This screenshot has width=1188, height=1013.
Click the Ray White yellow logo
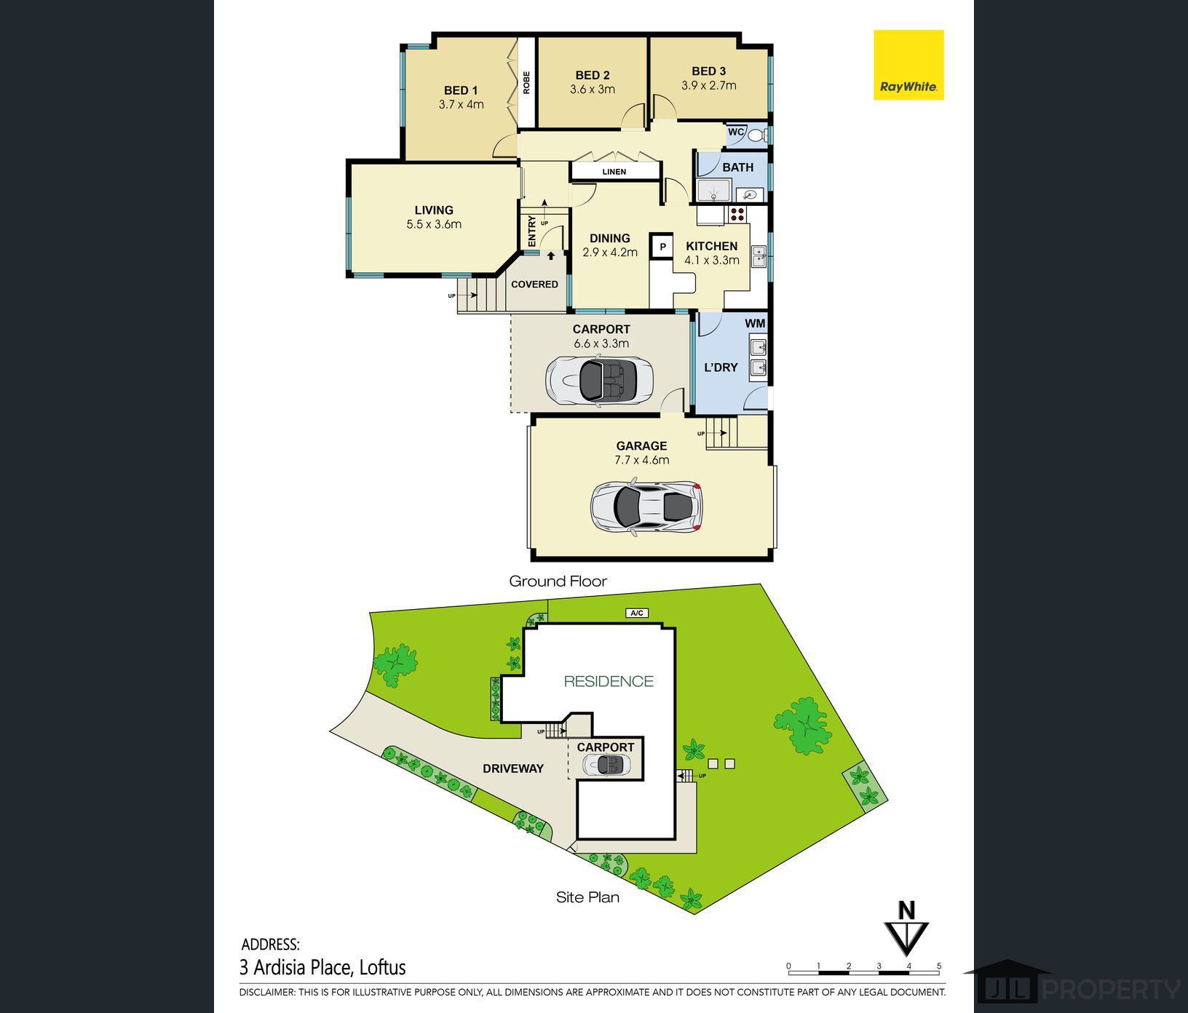908,65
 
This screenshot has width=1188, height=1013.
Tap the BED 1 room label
461,90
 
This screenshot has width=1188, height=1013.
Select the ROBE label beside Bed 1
526,82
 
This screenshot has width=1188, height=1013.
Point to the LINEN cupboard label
614,172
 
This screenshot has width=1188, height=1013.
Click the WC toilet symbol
756,135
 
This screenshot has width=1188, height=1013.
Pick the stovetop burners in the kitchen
737,214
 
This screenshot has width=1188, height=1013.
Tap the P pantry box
662,247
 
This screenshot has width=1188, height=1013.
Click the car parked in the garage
646,506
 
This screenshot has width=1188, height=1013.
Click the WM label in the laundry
755,323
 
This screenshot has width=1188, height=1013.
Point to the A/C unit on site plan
637,613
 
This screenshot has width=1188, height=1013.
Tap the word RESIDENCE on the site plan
609,681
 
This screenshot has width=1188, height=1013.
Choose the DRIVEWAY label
513,768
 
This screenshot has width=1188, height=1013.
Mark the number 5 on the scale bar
939,966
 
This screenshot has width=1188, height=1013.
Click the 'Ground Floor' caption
558,581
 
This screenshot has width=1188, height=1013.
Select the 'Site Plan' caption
587,897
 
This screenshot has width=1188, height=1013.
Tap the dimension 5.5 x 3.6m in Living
434,224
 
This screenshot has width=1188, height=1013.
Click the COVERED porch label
534,284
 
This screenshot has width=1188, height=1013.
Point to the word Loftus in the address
383,968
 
